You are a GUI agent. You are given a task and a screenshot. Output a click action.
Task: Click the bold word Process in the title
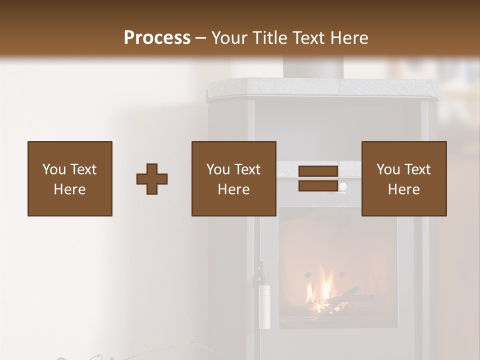click(x=157, y=38)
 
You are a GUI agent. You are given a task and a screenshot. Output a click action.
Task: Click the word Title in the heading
click(x=268, y=38)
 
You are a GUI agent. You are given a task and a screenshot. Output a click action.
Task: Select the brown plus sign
click(x=152, y=179)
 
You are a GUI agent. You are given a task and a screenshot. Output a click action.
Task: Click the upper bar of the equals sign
click(x=318, y=171)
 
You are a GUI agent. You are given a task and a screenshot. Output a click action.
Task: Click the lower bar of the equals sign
click(x=318, y=186)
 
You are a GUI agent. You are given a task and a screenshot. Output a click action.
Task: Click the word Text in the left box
click(x=83, y=169)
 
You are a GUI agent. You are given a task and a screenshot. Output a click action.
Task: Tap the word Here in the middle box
click(x=234, y=189)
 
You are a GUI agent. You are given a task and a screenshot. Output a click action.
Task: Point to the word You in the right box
click(x=388, y=169)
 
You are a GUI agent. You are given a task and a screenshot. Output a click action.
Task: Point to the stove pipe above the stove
click(x=312, y=67)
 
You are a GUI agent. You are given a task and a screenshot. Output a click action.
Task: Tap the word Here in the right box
click(x=404, y=189)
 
